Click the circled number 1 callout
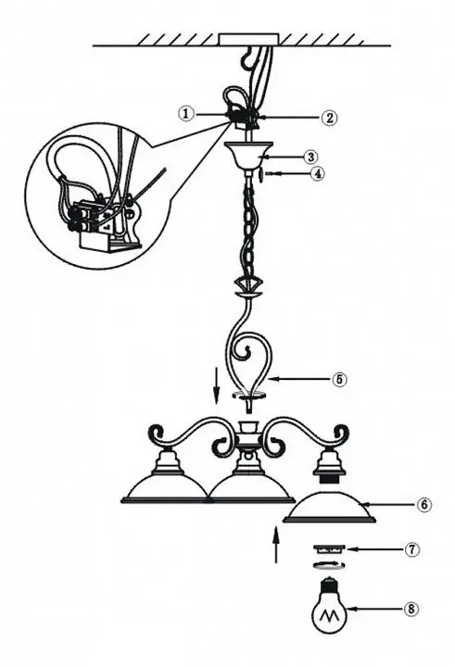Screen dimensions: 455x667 (x=186, y=114)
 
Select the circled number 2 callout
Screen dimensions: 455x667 (x=329, y=118)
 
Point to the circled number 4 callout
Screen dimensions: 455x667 (x=317, y=173)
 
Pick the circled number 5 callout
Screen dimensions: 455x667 (x=339, y=379)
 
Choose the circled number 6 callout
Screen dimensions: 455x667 (x=423, y=505)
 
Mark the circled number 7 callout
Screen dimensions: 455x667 (x=411, y=549)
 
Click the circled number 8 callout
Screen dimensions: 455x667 (x=411, y=609)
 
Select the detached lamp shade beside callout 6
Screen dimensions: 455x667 (x=330, y=508)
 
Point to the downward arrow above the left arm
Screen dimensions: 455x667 (x=217, y=386)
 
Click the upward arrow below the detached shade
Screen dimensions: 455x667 (x=277, y=544)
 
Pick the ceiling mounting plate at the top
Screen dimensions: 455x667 (x=249, y=39)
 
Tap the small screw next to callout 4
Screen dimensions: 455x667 (x=260, y=174)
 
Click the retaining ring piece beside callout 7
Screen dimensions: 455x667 (x=329, y=549)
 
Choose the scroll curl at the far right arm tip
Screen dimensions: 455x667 (x=340, y=434)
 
